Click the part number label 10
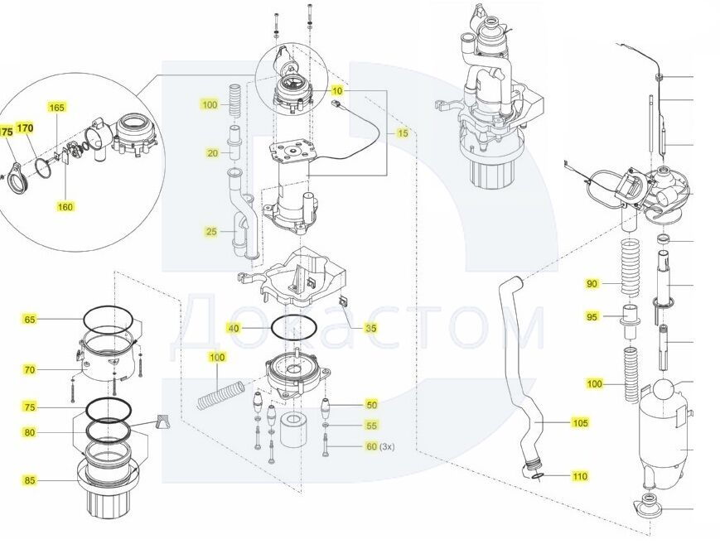(x=337, y=89)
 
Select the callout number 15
(x=402, y=133)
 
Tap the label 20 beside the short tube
(x=213, y=153)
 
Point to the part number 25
(x=211, y=232)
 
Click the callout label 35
(x=370, y=329)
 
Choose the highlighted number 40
(x=234, y=329)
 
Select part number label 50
(x=372, y=405)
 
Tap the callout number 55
(x=372, y=426)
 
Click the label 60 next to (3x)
(x=371, y=446)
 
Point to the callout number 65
(x=29, y=320)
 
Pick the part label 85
(x=29, y=480)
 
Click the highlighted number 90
(x=592, y=284)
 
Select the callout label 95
(x=592, y=317)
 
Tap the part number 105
(x=580, y=423)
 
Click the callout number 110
(x=580, y=476)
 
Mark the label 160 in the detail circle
(x=65, y=206)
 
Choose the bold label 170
(x=26, y=128)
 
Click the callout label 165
(x=57, y=108)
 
